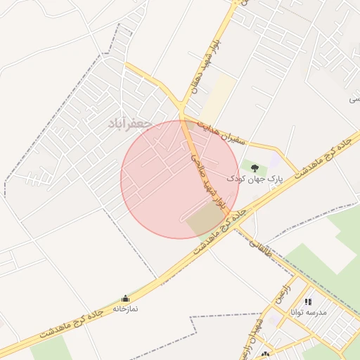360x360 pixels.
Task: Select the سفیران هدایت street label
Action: point(222,132)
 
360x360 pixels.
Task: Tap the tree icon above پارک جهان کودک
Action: point(254,167)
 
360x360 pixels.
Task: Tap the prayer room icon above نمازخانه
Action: point(126,298)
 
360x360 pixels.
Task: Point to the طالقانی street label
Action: point(259,246)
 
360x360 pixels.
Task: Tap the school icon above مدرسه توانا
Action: point(308,301)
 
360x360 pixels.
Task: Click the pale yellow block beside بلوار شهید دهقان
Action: point(219,98)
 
